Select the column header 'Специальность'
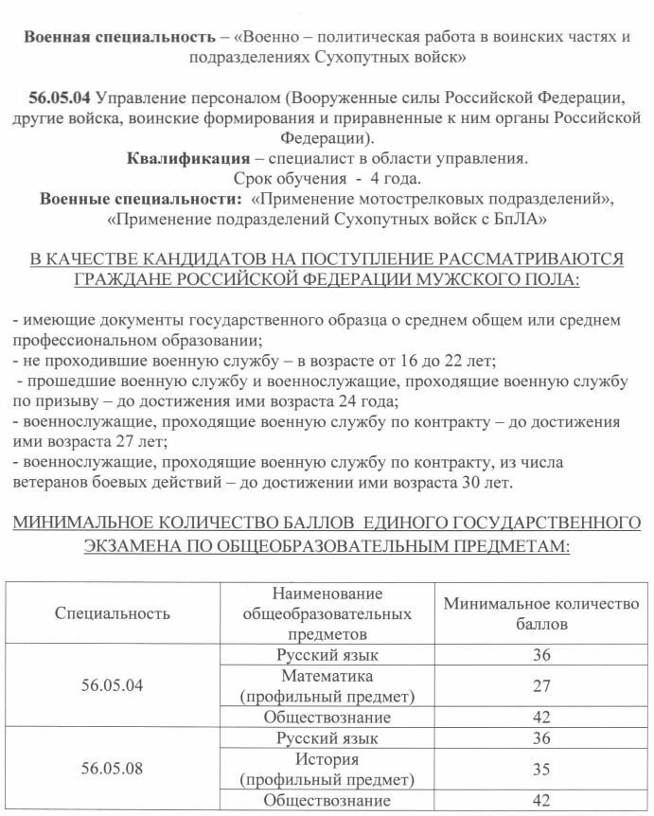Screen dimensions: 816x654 pos(113,612)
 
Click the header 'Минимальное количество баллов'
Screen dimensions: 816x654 pos(541,613)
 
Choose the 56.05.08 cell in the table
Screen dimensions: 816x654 pos(113,768)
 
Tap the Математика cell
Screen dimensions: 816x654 pos(327,676)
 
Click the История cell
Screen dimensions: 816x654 pos(327,758)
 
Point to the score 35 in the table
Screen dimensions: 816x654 pos(541,769)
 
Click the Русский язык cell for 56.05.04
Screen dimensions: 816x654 pos(327,655)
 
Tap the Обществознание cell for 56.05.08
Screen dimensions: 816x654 pos(327,801)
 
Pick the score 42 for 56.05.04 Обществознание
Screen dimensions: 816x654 pos(541,718)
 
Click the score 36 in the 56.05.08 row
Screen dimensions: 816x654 pos(541,737)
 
